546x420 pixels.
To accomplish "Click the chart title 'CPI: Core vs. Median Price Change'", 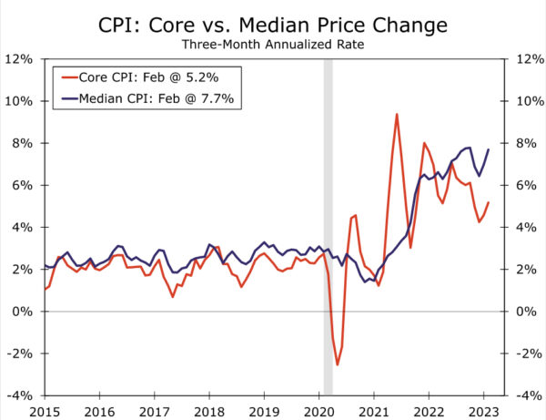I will pos(273,22).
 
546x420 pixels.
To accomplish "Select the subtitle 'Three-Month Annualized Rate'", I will pos(273,43).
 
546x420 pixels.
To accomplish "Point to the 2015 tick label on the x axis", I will pos(45,411).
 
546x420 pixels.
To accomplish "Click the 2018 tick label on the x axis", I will pos(209,411).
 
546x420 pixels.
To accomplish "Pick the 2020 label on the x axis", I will pos(319,411).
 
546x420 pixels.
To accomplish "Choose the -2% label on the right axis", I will pos(527,353).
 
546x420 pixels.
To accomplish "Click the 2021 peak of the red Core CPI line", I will pos(397,114).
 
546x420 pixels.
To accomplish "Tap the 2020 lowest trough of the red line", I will pos(338,364).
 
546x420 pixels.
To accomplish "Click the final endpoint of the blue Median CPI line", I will pos(489,149).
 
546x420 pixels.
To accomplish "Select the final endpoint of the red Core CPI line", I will pos(489,202).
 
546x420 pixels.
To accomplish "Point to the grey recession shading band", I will pos(329,228).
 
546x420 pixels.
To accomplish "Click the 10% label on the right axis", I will pos(528,101).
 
